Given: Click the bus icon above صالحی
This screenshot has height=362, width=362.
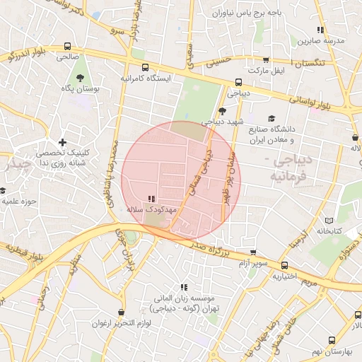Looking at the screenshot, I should pos(66,45).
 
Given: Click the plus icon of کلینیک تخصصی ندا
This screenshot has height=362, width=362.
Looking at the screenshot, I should pos(63,143).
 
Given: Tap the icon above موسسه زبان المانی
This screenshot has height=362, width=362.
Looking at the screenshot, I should pos(184,287).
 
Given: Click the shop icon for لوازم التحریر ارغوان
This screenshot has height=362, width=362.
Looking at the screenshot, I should pos(122,312).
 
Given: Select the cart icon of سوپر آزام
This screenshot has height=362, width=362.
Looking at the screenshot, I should pos(252,252).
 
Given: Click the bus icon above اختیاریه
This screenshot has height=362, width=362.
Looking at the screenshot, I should pos(284,266).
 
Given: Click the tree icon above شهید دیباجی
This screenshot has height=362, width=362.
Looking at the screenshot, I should pos(222,110).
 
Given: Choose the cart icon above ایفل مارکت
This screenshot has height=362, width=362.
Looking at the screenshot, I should pos(267,61).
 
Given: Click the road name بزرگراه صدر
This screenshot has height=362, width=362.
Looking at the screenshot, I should pos(210,249).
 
